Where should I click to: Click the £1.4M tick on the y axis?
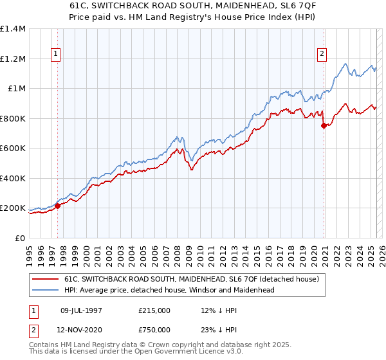tap(12, 29)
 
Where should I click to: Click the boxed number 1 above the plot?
tap(57, 55)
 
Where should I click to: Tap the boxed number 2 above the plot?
tap(321, 55)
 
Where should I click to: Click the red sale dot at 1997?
tap(57, 206)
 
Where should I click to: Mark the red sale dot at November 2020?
tap(324, 126)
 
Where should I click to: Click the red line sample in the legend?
tap(45, 280)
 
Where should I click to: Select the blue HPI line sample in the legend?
tap(45, 290)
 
